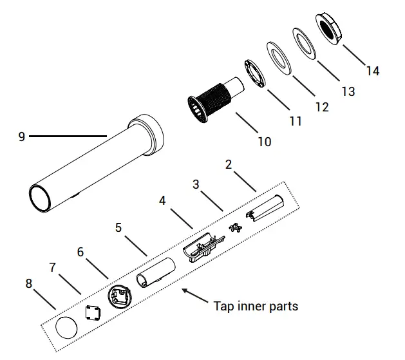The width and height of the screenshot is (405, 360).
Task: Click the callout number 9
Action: (21, 137)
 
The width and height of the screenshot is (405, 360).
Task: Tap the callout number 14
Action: (372, 71)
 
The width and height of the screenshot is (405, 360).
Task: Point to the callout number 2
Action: (228, 165)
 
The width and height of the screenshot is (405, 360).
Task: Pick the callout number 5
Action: (118, 227)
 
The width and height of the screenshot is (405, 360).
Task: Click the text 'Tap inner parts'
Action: (256, 306)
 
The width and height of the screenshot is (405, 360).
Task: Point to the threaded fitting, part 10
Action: (209, 101)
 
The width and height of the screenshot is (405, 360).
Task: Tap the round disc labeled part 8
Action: (66, 328)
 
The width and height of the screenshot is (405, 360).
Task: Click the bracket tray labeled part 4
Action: (203, 249)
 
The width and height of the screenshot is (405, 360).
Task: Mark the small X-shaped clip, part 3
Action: (235, 229)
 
